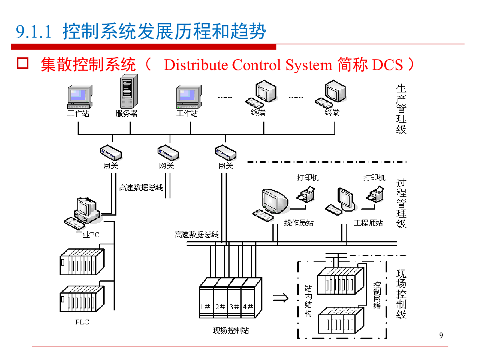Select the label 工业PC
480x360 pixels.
coord(87,234)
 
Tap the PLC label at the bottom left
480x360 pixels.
coord(82,322)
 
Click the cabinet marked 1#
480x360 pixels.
coord(206,307)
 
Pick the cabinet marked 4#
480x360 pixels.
coord(248,307)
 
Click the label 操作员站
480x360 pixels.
coord(298,223)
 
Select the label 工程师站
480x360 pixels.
coord(368,223)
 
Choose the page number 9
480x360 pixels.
coord(441,335)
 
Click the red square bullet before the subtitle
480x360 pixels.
coord(22,63)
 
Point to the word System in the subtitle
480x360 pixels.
coord(310,65)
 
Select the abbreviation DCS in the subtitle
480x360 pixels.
coord(387,65)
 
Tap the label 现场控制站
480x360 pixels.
coord(231,331)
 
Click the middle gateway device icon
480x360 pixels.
coord(168,152)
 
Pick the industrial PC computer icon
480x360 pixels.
coord(83,211)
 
